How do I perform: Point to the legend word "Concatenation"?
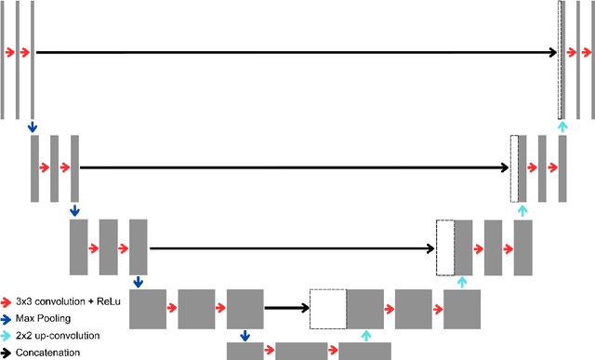click(x=47, y=353)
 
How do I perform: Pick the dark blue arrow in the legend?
click(x=7, y=318)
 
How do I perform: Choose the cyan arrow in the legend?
click(x=7, y=335)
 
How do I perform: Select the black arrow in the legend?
click(x=7, y=353)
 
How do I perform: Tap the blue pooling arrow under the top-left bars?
click(x=33, y=126)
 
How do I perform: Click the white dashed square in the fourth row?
click(x=327, y=308)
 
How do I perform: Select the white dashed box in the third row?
click(x=445, y=247)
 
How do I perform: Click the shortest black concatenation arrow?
click(x=286, y=308)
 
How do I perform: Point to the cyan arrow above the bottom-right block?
click(x=365, y=336)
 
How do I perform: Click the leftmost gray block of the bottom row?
click(x=245, y=351)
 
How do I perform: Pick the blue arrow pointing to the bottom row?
click(x=245, y=335)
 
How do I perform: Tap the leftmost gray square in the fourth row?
click(x=148, y=308)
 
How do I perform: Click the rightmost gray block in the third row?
click(x=523, y=247)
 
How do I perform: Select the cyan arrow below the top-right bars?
click(x=561, y=126)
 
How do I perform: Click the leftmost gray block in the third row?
click(x=78, y=247)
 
